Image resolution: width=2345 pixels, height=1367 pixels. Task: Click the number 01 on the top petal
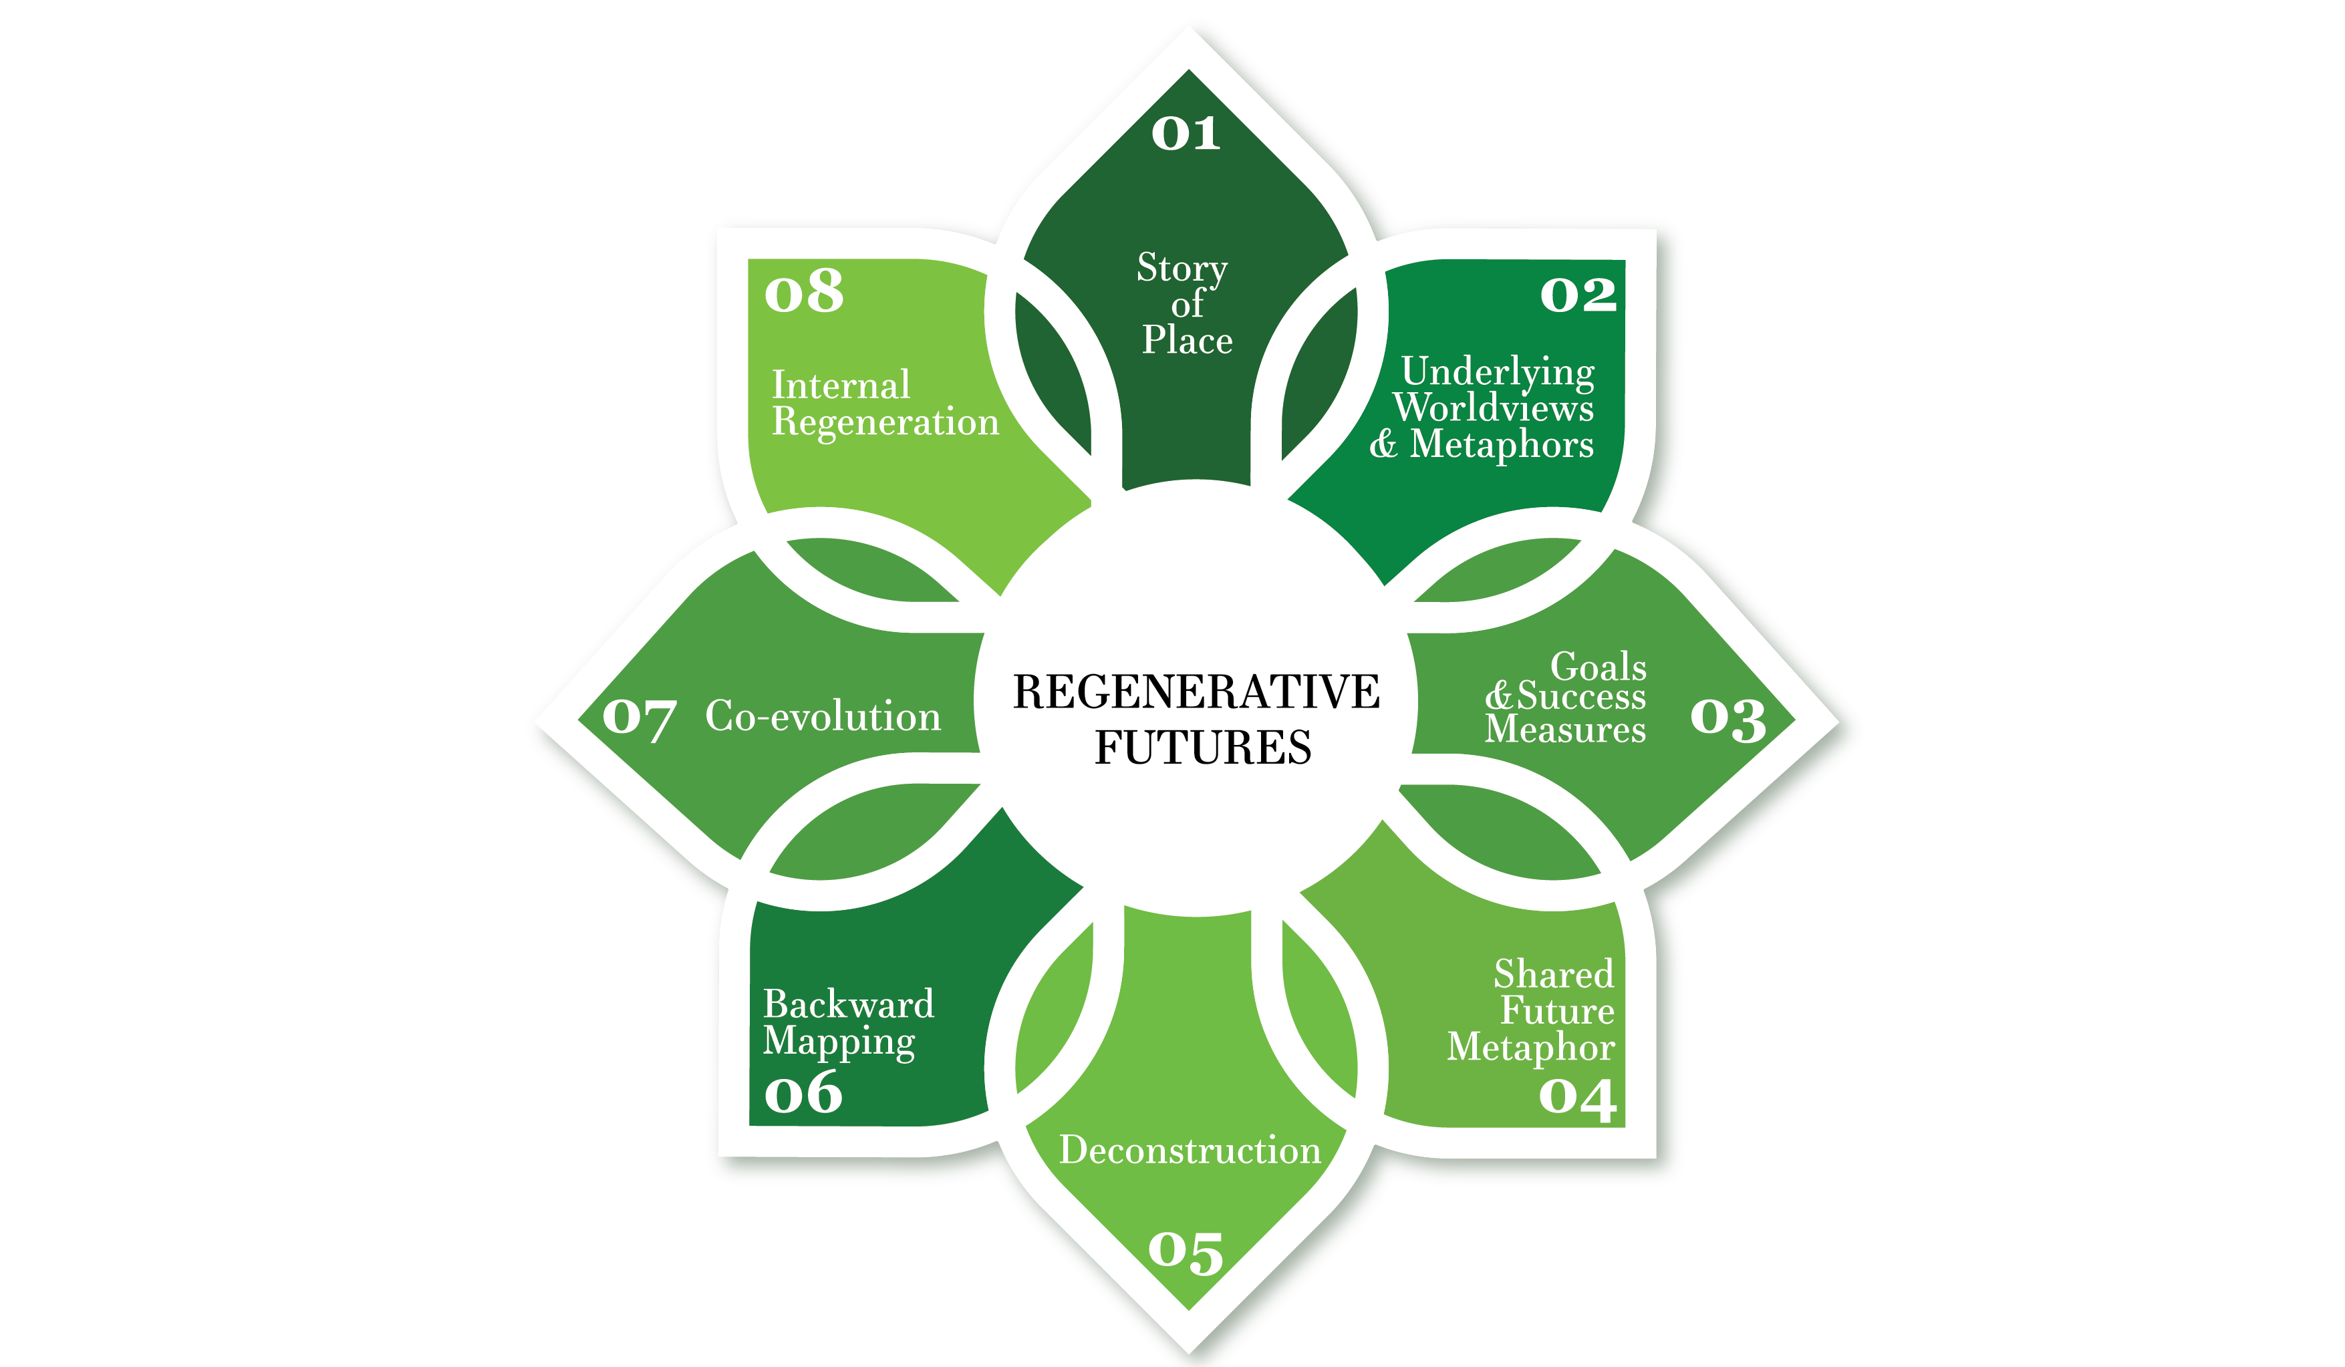coord(1185,134)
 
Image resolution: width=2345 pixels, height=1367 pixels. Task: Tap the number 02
coord(1578,295)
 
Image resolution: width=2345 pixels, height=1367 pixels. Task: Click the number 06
coord(803,1094)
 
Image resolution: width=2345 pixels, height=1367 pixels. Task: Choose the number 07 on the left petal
coord(640,720)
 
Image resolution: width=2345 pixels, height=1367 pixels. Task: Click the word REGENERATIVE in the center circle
coord(1196,692)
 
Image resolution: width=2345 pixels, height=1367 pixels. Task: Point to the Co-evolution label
coord(823,716)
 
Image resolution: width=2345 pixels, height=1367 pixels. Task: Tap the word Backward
coord(848,1005)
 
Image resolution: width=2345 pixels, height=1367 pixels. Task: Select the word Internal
coord(840,386)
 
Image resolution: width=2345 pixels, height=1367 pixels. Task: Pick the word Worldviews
coord(1493,408)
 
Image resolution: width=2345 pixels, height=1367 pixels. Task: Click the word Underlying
coord(1497,372)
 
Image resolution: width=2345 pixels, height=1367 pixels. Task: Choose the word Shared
coord(1553,974)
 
